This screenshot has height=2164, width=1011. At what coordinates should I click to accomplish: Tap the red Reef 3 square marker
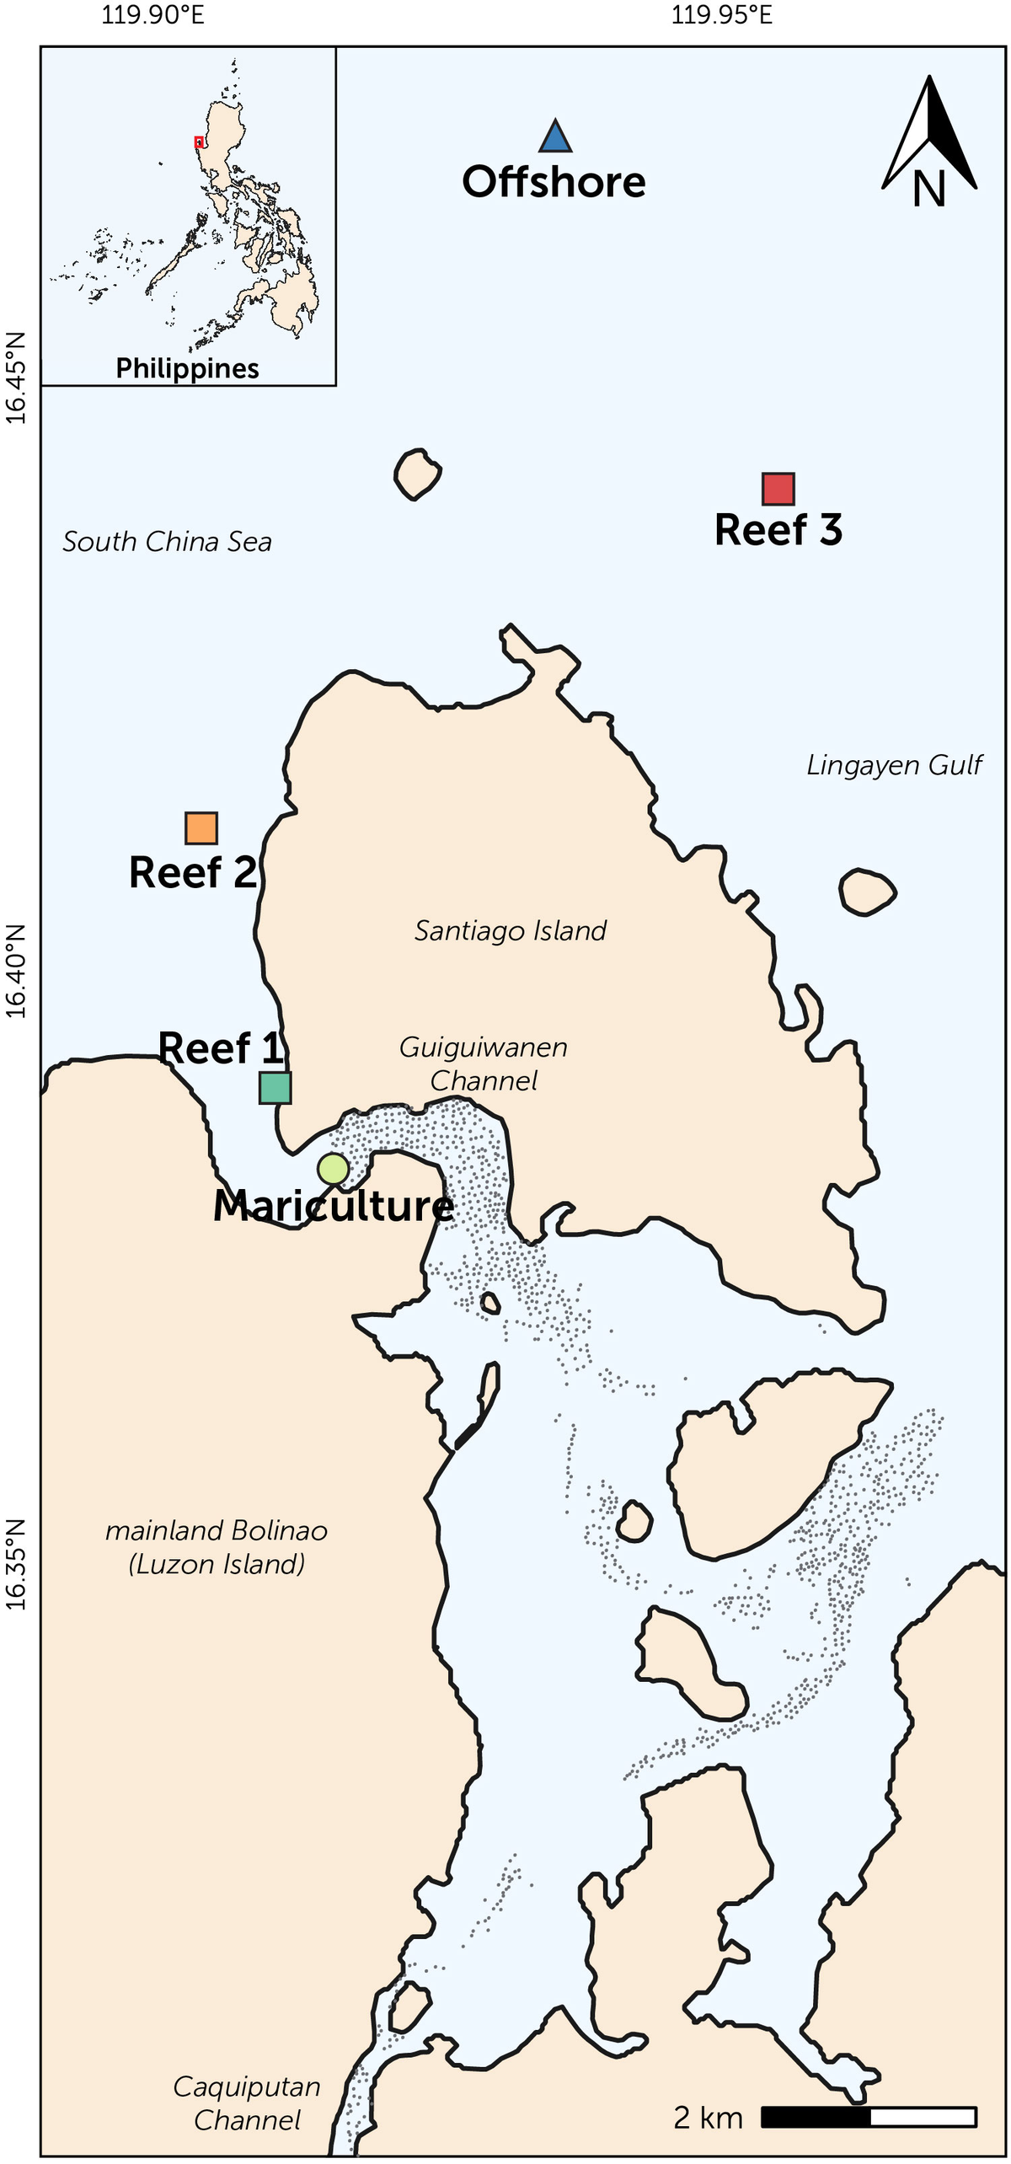coord(778,489)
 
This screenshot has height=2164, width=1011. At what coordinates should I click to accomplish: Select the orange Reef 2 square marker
coord(201,828)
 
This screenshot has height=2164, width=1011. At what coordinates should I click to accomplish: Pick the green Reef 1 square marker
coord(275,1088)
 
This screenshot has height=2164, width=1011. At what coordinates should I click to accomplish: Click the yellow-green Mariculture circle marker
coord(333,1169)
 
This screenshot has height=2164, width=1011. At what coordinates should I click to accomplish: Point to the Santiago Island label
coord(511,930)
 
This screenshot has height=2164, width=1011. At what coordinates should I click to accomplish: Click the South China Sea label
coord(167,541)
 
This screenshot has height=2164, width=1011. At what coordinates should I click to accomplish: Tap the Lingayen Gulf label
coord(894,764)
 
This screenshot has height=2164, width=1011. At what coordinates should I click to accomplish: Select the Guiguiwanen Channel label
coord(484,1063)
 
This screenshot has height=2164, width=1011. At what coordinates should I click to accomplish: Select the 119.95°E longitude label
coord(722,15)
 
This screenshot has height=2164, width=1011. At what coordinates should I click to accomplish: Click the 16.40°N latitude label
coord(16,971)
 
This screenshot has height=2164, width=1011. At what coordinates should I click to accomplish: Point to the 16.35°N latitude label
coord(16,1565)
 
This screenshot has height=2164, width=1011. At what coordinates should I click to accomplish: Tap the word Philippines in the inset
coord(187,368)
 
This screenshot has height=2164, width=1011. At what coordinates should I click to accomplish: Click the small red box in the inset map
coord(199,142)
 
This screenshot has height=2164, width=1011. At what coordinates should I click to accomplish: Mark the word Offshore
coord(554,182)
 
